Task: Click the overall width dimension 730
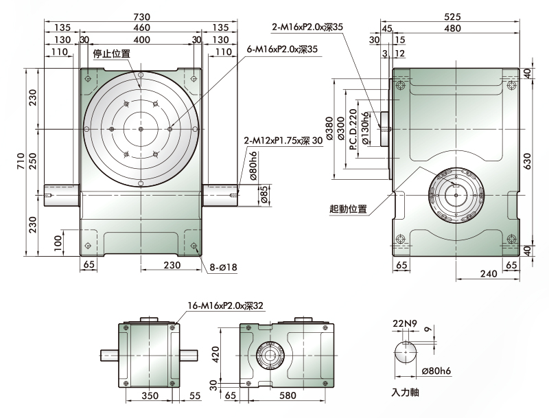point(142,16)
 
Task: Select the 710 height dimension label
point(21,161)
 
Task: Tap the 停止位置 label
point(112,54)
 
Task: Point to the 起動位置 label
point(348,209)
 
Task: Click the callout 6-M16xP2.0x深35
point(282,49)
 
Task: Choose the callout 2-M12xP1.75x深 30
point(283,141)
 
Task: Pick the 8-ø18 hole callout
point(224,268)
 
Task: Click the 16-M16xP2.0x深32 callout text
point(225,305)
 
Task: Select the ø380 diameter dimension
point(329,128)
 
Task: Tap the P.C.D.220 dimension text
point(353,129)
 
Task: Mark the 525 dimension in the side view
point(452,16)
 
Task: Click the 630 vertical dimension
point(527,161)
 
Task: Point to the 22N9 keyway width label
point(405,323)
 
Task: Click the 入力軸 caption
point(405,393)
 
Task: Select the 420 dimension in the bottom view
point(215,354)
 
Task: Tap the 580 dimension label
point(288,395)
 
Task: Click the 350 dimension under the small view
point(150,395)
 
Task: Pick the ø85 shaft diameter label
point(265,195)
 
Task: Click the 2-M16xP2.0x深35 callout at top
point(307,27)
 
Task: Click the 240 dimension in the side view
point(489,273)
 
